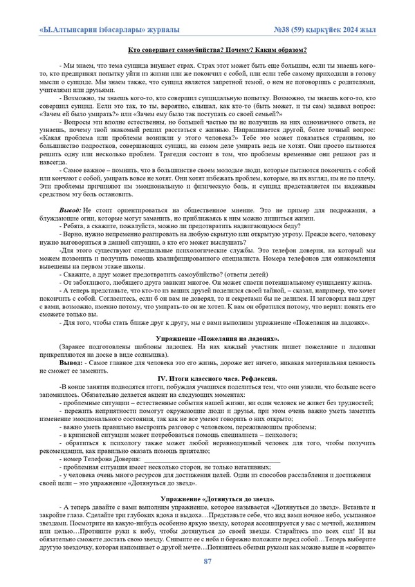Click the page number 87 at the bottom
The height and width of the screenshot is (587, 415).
click(x=207, y=561)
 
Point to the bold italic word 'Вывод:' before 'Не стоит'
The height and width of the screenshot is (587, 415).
click(x=70, y=209)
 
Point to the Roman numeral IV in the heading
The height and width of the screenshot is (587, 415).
click(x=163, y=378)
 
